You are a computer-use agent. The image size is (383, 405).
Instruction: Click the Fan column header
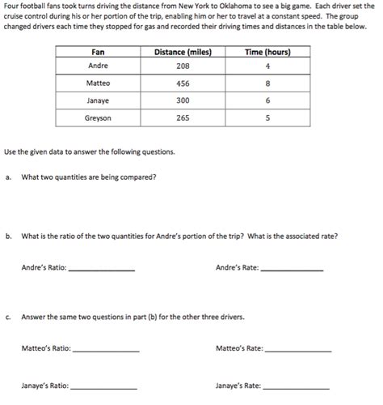point(98,53)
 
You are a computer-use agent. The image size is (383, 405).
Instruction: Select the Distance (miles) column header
point(182,53)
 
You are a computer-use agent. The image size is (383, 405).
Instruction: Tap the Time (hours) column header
point(267,53)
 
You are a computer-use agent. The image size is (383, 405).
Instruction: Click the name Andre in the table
point(98,66)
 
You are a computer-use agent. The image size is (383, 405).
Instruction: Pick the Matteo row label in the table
point(98,83)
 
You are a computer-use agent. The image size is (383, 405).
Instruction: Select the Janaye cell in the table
point(98,100)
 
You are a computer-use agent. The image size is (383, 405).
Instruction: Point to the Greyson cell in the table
point(98,118)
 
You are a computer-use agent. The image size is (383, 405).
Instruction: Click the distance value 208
point(182,66)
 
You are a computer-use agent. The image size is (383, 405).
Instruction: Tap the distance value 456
point(182,83)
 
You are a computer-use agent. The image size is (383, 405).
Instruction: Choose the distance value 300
point(182,100)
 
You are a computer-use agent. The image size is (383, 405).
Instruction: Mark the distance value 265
point(182,118)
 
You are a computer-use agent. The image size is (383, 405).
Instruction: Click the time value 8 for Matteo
point(267,83)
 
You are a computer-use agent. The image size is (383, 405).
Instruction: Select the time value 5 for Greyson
point(267,118)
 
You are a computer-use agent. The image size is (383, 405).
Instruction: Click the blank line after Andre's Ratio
point(103,270)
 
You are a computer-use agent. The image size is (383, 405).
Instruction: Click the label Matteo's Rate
point(239,348)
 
